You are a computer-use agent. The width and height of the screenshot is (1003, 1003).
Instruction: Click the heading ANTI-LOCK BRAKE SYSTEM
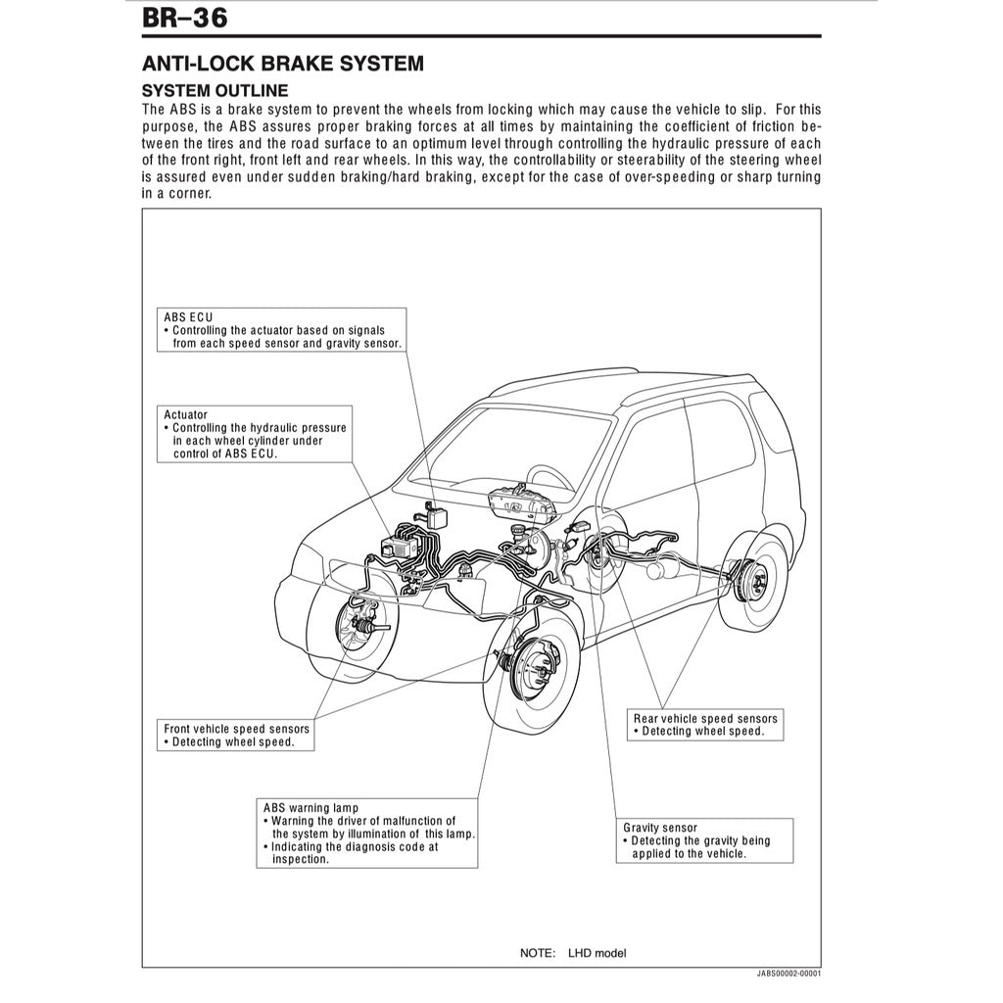pos(283,64)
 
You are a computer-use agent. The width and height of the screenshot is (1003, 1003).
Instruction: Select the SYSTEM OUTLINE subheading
pos(215,90)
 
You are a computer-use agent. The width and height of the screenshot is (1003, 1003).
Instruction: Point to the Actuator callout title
pos(185,415)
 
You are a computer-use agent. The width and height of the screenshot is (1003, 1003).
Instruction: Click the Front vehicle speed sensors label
pos(236,729)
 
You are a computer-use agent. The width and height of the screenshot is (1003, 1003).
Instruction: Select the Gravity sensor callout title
pos(660,828)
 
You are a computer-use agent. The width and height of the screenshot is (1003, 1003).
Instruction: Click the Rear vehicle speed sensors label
pos(704,719)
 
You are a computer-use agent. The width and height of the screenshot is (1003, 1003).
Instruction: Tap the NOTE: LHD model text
pos(572,953)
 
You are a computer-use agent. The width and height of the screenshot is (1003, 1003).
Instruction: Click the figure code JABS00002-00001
pos(788,976)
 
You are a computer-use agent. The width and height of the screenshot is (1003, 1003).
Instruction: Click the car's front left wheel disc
pos(531,667)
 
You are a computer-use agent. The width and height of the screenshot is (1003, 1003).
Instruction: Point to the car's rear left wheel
pos(754,587)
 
